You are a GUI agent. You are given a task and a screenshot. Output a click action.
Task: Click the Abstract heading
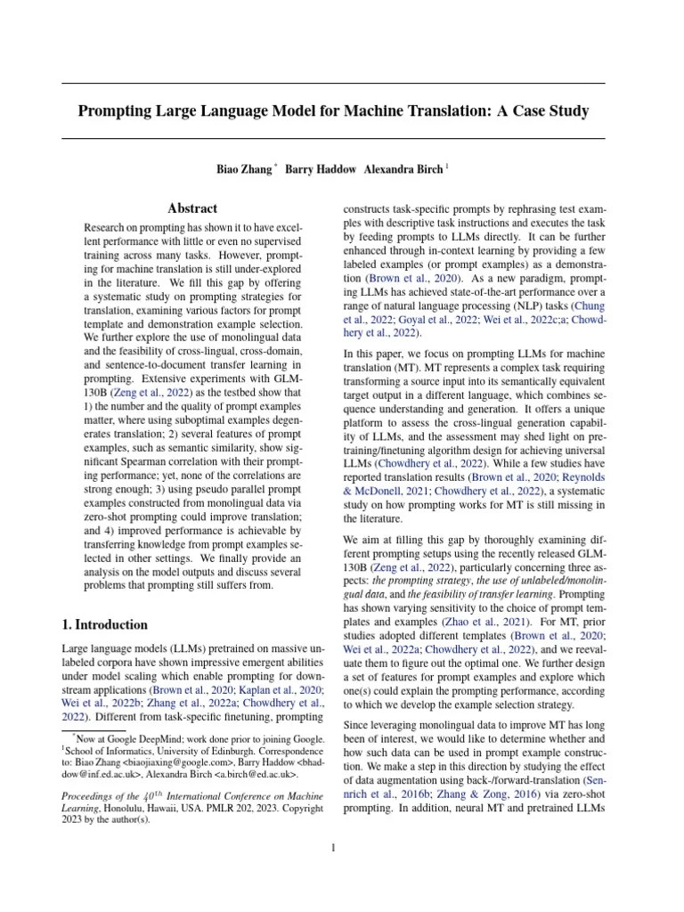click(192, 208)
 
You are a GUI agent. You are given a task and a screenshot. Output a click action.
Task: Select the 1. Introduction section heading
click(104, 624)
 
